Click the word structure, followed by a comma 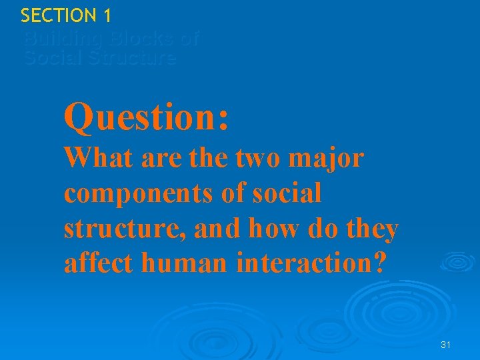(x=126, y=229)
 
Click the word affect (x=99, y=264)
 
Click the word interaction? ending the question (x=311, y=264)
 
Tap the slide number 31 (x=446, y=345)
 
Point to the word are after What (x=155, y=159)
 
